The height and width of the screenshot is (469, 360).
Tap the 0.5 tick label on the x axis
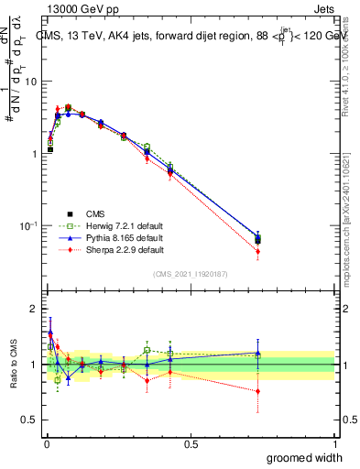click(191, 444)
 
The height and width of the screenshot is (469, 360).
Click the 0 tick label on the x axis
click(48, 444)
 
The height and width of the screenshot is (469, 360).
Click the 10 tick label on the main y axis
click(31, 82)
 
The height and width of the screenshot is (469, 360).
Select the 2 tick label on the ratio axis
click(35, 309)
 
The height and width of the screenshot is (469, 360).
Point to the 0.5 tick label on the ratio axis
click(31, 421)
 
